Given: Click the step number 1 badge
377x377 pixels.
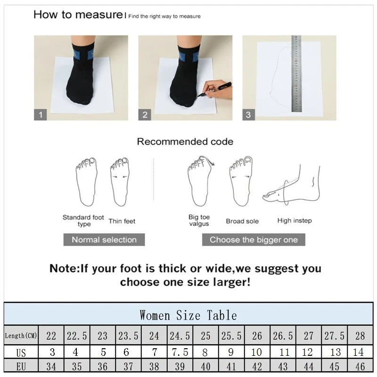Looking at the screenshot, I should [x=41, y=114].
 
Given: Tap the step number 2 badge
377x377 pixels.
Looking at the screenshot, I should [x=145, y=114].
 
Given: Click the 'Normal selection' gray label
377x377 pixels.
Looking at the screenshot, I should [x=104, y=239].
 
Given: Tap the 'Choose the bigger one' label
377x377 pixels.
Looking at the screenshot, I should [x=254, y=239].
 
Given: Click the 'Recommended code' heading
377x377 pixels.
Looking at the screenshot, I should [x=185, y=141].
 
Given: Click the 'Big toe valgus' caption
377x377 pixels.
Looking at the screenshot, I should [x=199, y=221].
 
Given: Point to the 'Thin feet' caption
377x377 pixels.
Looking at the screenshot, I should [x=122, y=221].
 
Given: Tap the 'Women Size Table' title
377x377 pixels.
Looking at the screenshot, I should [x=188, y=315].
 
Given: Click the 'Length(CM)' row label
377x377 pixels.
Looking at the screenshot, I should [x=21, y=336].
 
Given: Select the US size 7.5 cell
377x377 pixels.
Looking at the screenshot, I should [x=180, y=352].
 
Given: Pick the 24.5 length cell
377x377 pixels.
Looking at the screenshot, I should [x=180, y=336].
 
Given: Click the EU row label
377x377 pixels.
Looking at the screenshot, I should [x=21, y=367].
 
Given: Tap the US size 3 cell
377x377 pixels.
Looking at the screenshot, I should [x=51, y=352].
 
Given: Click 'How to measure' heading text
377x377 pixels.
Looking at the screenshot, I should [x=78, y=15].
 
